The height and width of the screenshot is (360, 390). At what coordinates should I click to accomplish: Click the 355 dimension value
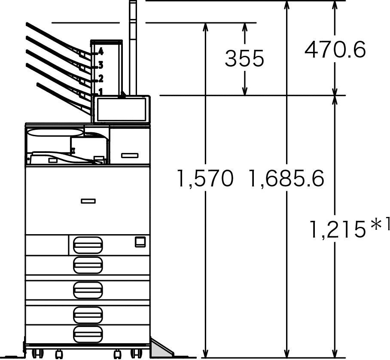tap(244, 58)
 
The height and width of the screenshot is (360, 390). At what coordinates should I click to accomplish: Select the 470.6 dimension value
tap(335, 49)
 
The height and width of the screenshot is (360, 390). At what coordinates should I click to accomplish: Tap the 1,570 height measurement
tap(205, 178)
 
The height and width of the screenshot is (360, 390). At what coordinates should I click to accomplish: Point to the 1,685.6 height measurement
tap(286, 178)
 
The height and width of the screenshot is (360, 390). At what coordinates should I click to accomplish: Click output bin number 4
tap(101, 52)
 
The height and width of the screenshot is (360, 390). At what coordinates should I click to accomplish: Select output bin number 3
tap(101, 65)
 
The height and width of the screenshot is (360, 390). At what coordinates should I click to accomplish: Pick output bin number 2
tap(101, 79)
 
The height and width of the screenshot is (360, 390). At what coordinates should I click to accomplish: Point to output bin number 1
tap(101, 92)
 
